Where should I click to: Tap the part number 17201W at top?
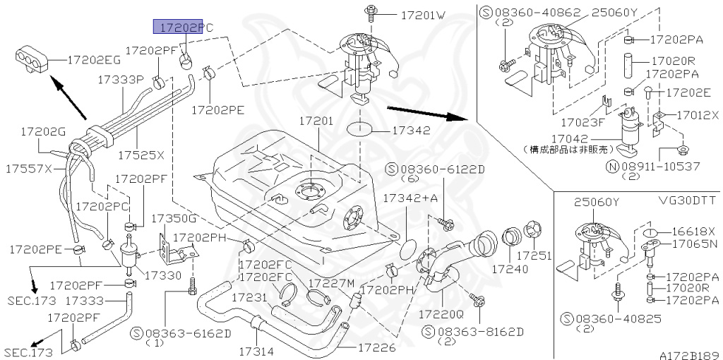tap(424, 14)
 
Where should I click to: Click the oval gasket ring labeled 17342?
tap(360, 130)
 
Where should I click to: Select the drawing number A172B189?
tap(689, 354)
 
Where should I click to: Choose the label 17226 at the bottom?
tap(376, 347)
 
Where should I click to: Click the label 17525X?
tap(141, 155)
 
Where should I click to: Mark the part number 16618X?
tap(693, 231)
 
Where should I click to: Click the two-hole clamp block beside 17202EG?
tap(30, 57)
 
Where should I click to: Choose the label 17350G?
tap(174, 218)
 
